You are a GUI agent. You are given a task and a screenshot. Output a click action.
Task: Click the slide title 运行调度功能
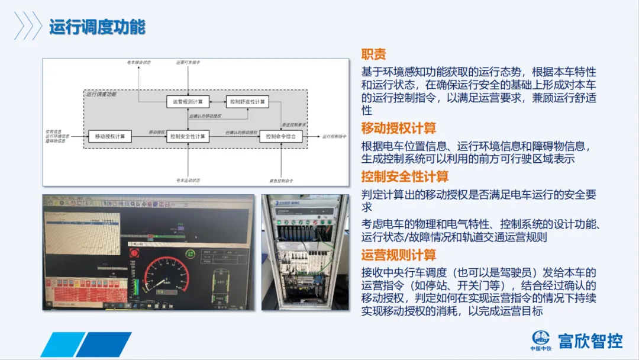pos(97,27)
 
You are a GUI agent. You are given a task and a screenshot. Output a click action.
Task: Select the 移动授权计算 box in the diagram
pos(109,137)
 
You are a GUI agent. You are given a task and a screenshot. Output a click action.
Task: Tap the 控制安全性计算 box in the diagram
pos(188,137)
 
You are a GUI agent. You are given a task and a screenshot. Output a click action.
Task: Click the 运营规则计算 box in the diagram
pos(188,102)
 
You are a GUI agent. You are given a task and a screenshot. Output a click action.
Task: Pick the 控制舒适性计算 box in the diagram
pos(247,102)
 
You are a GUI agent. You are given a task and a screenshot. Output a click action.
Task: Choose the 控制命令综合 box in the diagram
pos(281,137)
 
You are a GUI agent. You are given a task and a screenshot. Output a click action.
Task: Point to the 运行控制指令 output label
pos(334,137)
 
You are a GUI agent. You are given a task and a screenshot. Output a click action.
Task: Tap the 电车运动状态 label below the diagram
pos(188,179)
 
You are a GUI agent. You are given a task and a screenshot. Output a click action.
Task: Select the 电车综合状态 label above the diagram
pos(139,62)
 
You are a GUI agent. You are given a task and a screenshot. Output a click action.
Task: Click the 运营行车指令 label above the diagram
pos(188,62)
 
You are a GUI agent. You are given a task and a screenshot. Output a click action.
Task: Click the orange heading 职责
pos(374,54)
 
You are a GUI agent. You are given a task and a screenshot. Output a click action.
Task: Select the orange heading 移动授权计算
pos(399,128)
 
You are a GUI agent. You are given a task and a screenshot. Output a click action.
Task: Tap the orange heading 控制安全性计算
pos(405,176)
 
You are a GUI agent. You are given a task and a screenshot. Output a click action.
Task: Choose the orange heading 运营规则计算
pos(399,255)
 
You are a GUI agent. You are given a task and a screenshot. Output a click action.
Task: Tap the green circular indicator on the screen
pos(191,254)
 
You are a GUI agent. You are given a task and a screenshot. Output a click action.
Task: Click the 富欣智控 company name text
pos(590,341)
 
